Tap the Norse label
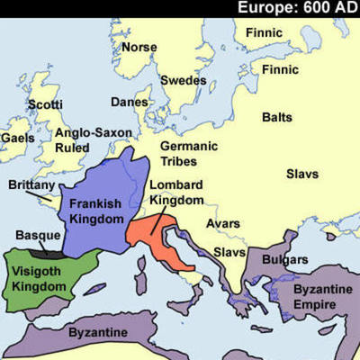tap(139, 47)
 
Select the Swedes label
tap(183, 80)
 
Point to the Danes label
tap(130, 102)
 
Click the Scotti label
tap(45, 104)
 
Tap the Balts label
tap(276, 117)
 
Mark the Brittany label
tap(31, 184)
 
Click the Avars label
tap(223, 222)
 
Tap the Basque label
tap(38, 236)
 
